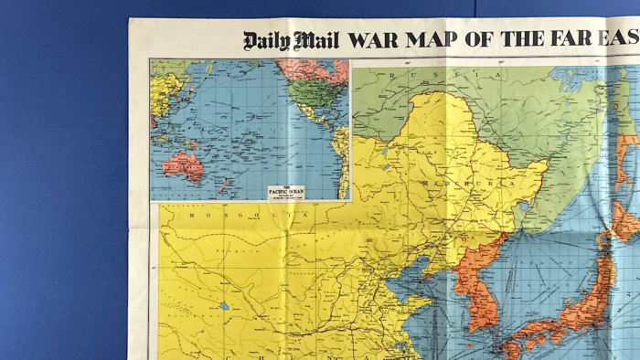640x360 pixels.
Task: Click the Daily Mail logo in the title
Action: click(291, 40)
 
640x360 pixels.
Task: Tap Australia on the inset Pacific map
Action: click(184, 165)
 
